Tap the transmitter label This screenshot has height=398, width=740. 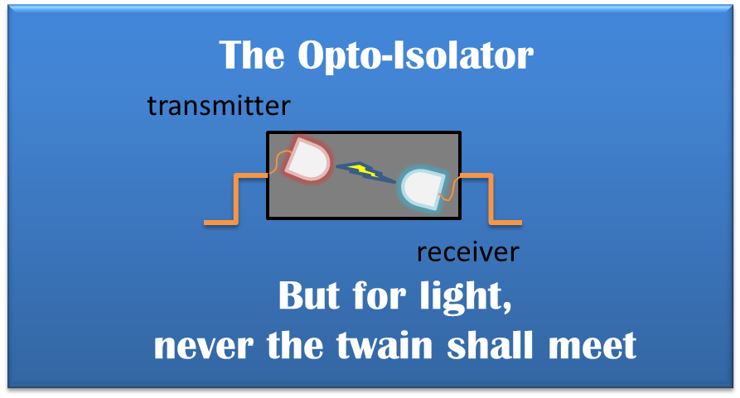pyautogui.click(x=219, y=105)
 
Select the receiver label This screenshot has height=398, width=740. pyautogui.click(x=468, y=251)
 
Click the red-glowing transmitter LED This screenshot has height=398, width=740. pyautogui.click(x=308, y=160)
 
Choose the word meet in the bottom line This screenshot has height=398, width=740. pyautogui.click(x=597, y=345)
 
